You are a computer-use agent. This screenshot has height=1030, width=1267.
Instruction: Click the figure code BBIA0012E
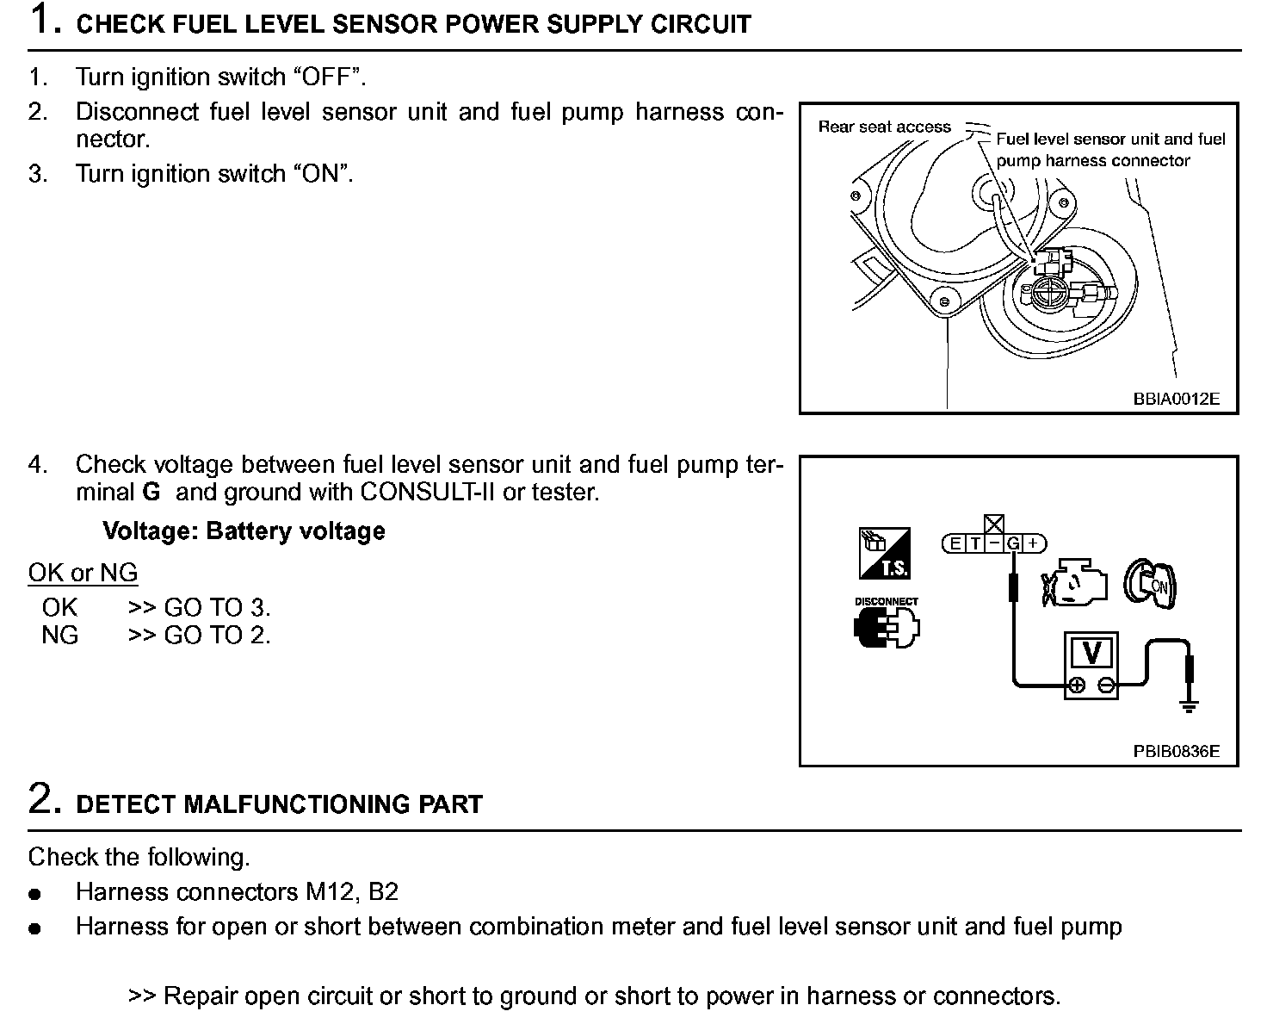1176,400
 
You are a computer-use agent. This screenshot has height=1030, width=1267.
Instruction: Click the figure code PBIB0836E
1176,751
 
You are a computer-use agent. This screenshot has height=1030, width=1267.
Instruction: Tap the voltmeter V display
1091,653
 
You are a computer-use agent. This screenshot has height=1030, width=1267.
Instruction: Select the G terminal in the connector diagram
1013,543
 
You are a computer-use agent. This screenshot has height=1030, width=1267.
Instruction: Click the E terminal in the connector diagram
955,543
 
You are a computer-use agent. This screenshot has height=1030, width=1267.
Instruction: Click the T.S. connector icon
883,554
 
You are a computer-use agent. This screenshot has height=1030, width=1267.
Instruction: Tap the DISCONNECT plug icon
886,624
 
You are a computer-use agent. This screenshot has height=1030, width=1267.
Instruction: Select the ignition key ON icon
1151,585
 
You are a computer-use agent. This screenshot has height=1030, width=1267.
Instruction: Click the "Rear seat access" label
884,127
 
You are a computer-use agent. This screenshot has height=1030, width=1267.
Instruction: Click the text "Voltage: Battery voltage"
244,531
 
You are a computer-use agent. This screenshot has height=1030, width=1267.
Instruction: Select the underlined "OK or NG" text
83,573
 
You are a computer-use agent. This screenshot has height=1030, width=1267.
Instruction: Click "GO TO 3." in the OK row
217,608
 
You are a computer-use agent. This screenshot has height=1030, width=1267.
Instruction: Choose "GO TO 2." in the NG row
217,636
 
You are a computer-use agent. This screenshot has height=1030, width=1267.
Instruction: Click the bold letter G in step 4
151,493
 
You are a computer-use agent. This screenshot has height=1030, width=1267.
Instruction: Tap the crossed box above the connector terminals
994,524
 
